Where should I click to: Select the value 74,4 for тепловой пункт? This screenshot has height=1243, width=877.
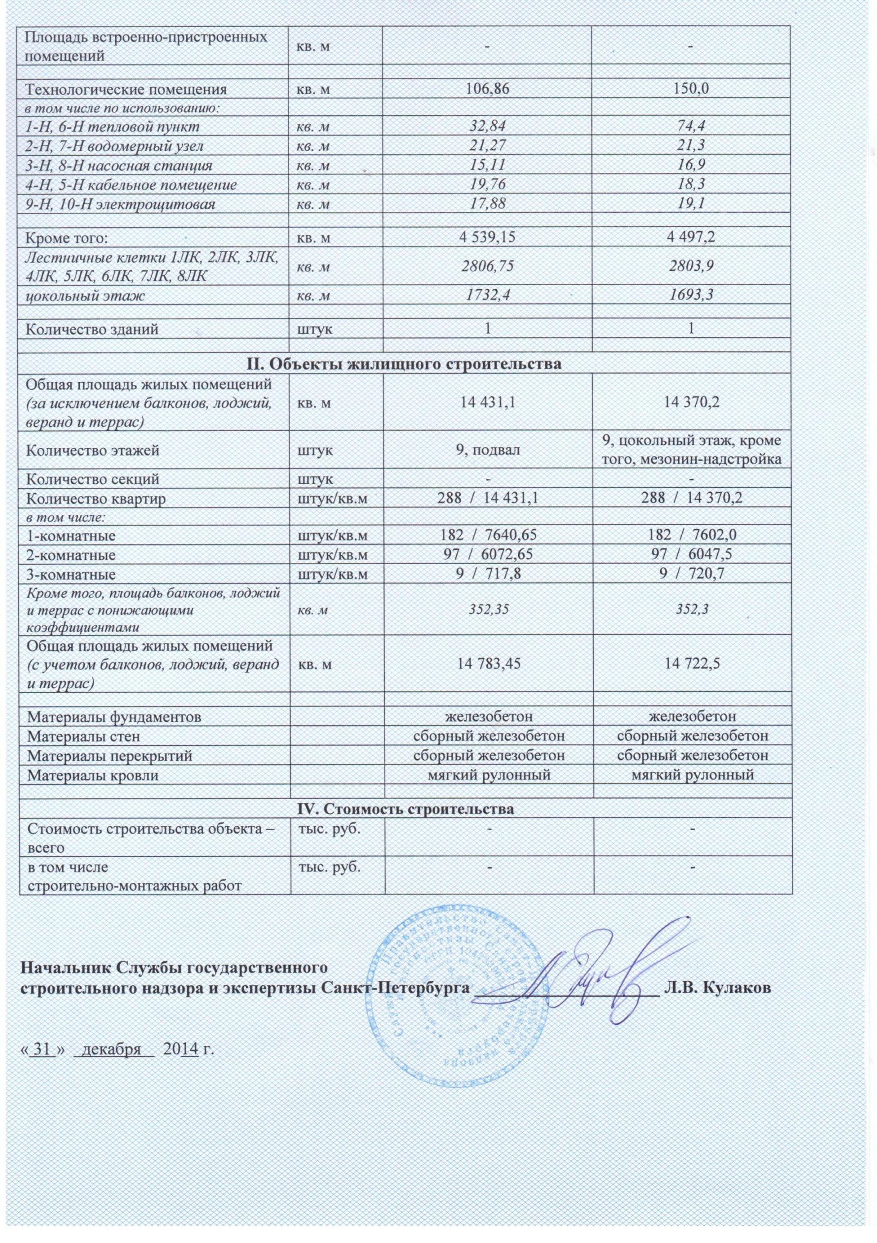coord(692,127)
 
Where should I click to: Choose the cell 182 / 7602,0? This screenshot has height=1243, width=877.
coord(692,536)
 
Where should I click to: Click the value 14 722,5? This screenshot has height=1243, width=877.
coord(692,664)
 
